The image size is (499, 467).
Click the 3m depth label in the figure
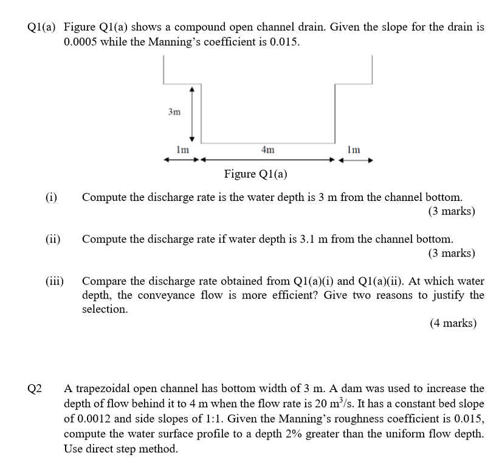click(x=174, y=112)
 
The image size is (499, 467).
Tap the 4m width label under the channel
click(x=267, y=149)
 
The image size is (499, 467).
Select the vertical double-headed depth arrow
click(x=192, y=113)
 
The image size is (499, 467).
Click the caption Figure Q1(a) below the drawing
click(x=256, y=175)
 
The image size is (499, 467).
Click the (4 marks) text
click(x=453, y=323)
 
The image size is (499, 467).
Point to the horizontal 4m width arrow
click(x=268, y=161)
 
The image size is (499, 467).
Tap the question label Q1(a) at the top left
click(x=41, y=28)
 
